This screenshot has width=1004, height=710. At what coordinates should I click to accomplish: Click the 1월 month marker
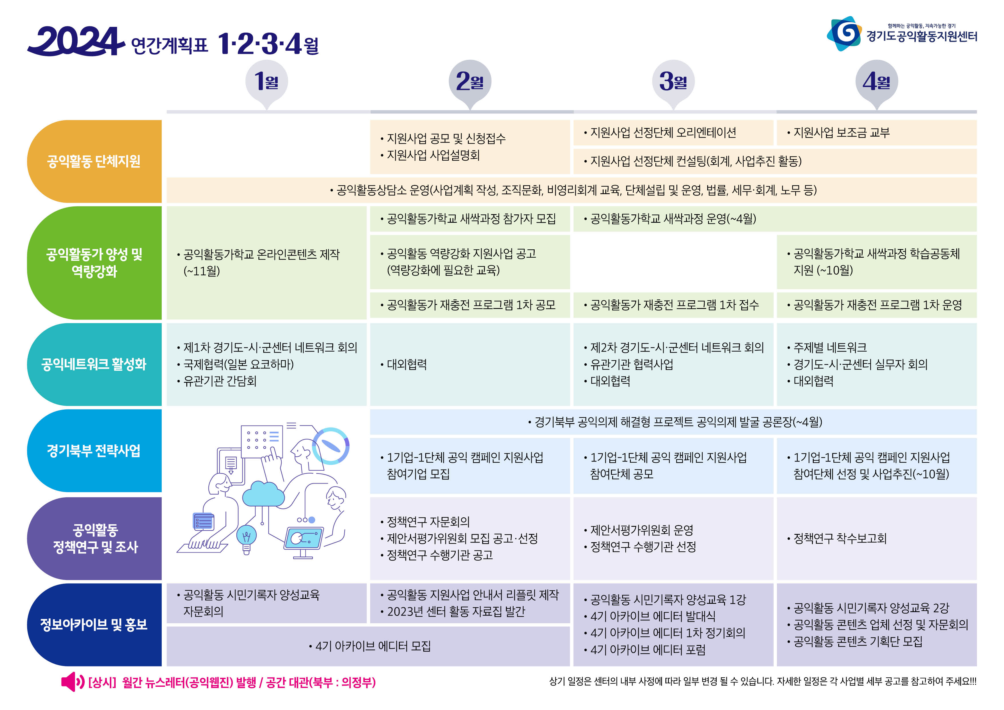coord(267,83)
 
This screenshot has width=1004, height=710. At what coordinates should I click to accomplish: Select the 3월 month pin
coord(673,83)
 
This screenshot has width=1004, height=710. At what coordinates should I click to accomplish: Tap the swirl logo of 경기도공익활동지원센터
coord(844,34)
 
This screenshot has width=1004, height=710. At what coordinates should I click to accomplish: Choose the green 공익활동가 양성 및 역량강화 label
coord(94,263)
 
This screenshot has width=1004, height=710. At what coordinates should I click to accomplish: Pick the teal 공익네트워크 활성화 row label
coord(94,364)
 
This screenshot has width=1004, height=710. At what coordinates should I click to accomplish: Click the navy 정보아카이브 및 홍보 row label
coord(94,625)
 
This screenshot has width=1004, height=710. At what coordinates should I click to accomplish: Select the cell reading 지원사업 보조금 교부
coord(876,133)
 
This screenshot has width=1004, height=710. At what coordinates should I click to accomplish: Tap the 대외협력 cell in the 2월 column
coord(470,364)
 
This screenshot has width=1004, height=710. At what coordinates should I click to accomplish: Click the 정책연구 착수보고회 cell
coord(876,539)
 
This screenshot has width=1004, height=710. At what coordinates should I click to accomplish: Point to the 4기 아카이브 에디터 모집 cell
coord(368,646)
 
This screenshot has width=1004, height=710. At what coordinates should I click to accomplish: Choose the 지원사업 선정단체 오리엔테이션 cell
coord(673,133)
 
